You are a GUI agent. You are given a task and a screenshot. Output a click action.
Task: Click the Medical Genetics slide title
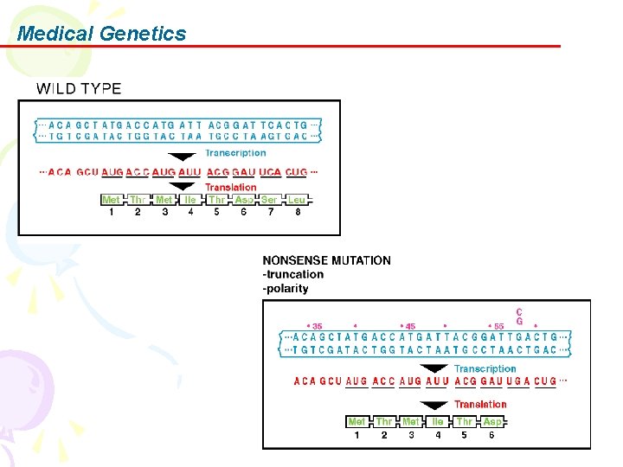click(101, 34)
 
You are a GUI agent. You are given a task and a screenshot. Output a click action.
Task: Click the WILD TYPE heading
click(79, 88)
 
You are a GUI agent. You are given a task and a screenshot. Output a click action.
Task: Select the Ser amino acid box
click(270, 200)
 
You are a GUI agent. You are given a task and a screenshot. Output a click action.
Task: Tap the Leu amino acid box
click(297, 200)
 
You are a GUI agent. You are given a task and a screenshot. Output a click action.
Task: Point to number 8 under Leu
click(298, 213)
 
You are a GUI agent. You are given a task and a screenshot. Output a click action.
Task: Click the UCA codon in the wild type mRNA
click(271, 172)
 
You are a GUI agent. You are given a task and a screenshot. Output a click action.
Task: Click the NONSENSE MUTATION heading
click(326, 260)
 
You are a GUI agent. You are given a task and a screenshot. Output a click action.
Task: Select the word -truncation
click(293, 274)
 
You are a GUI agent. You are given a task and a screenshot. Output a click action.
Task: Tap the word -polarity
click(286, 288)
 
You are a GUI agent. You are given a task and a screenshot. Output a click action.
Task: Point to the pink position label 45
click(409, 327)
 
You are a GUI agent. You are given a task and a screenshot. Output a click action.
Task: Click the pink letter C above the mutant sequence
click(519, 312)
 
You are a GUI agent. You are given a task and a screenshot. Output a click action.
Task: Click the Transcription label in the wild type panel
click(235, 153)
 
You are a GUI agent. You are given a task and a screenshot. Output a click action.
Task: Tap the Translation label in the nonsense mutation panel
click(480, 404)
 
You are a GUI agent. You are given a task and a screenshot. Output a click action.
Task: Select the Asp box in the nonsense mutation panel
click(492, 422)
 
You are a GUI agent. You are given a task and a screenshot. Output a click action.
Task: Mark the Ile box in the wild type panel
click(190, 200)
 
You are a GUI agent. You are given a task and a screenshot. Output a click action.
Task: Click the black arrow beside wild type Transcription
click(182, 157)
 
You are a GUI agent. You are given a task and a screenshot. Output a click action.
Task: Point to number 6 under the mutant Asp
click(492, 435)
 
